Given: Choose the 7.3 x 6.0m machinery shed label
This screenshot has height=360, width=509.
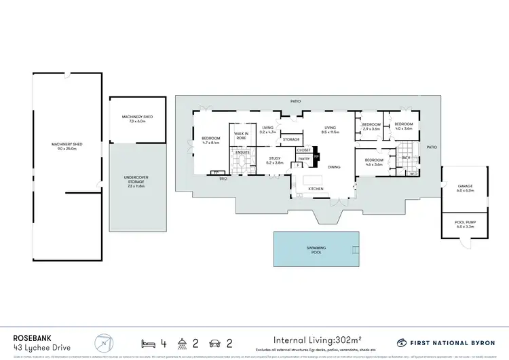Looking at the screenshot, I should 137,119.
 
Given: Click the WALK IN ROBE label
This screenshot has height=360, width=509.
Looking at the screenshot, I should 241,136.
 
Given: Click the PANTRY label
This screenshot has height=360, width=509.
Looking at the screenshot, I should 303,158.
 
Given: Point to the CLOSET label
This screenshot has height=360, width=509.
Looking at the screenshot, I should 303,149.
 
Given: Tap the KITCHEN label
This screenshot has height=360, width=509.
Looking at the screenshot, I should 316,188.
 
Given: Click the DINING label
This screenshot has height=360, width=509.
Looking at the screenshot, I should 335,167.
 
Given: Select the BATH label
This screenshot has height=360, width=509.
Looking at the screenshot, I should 406,158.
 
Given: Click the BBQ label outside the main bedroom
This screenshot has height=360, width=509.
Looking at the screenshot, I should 222,178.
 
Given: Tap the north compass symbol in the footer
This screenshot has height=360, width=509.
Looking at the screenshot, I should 102,341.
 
